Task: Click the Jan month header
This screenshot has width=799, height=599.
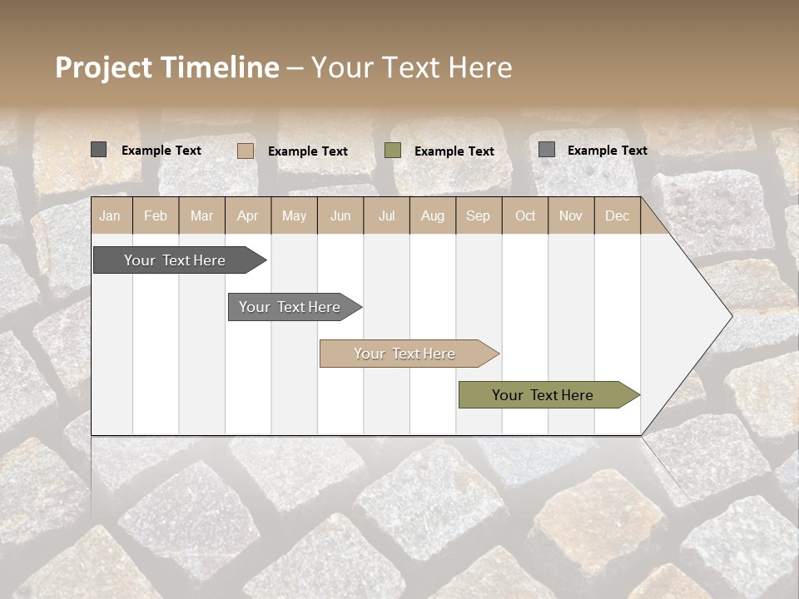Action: point(111,215)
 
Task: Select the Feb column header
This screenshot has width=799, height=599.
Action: point(156,215)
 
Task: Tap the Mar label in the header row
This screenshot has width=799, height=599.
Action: point(201,215)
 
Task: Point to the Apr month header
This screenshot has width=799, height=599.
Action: point(247,215)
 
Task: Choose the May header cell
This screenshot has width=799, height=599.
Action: point(294,215)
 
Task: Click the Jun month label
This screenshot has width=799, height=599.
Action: point(340,215)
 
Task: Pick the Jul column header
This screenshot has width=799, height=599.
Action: point(386,215)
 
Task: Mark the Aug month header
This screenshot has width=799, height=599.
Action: point(433,215)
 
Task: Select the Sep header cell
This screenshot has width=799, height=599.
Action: point(479,215)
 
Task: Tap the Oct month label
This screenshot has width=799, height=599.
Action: point(525,215)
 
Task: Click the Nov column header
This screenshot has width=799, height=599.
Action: point(571,215)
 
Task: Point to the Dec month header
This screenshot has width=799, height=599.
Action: point(618,215)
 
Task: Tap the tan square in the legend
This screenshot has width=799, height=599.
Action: point(246,151)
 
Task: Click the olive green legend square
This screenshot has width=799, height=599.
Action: point(393,150)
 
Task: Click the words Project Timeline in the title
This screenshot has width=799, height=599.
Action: point(167,67)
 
